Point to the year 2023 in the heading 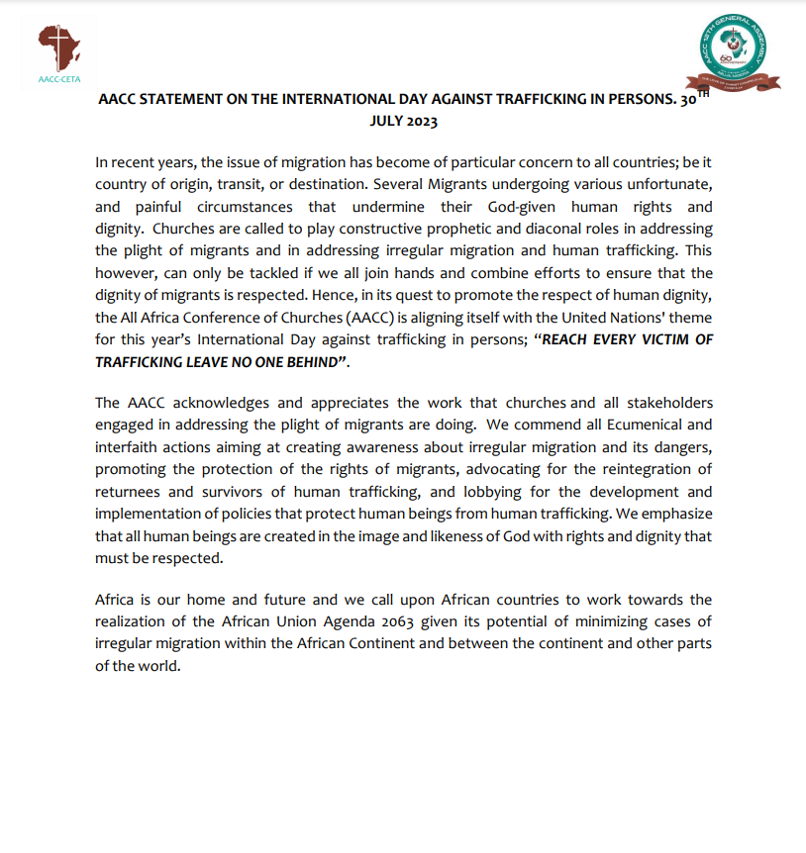click(420, 122)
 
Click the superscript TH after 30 click(704, 95)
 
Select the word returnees click(132, 490)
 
